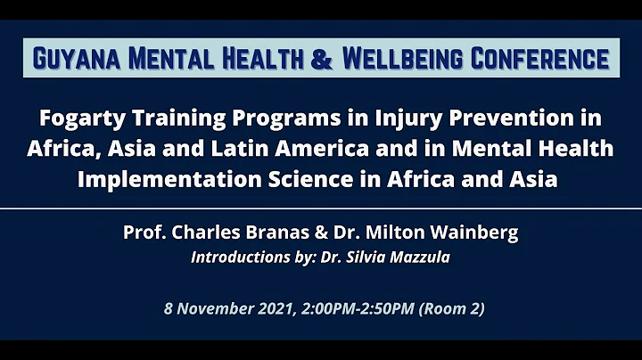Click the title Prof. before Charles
[144, 233]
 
